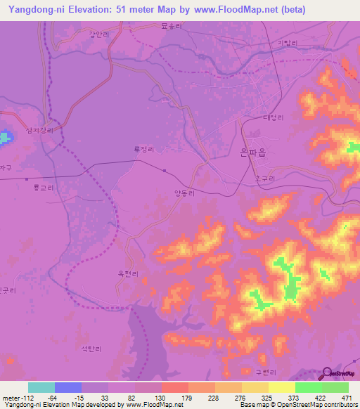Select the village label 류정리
coord(143,149)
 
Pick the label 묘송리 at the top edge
coord(191,25)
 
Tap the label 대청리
coord(272,117)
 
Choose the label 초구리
coord(264,178)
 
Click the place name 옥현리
coord(128,274)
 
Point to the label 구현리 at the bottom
coord(251,372)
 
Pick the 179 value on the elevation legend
coord(187,398)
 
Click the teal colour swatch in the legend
coord(41,387)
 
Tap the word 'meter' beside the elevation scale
coord(12,398)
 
